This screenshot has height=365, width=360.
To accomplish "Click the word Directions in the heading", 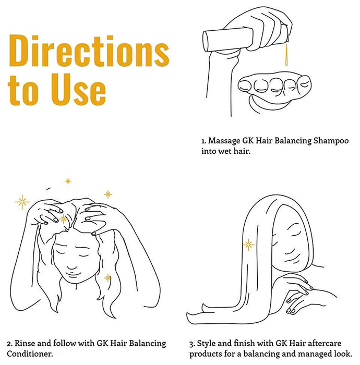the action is [x=89, y=51].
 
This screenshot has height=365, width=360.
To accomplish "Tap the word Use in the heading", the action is [x=79, y=89].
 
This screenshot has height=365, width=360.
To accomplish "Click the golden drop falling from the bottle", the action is [x=286, y=54].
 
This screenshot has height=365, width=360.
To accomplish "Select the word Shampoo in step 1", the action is [x=331, y=141].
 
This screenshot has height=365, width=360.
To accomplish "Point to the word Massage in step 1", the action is [x=224, y=141].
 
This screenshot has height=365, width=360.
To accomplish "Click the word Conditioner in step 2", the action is [x=30, y=354].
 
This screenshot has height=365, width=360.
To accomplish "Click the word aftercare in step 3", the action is [x=325, y=343].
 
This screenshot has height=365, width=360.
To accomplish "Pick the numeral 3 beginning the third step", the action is [x=191, y=344].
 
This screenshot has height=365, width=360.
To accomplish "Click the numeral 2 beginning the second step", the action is [x=9, y=344].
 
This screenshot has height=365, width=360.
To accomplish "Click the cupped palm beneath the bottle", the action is [x=274, y=91].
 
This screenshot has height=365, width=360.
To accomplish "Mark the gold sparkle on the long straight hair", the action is [x=248, y=245].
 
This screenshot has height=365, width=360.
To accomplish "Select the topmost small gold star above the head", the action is [x=68, y=181].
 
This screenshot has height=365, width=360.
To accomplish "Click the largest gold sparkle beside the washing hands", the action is [x=22, y=202].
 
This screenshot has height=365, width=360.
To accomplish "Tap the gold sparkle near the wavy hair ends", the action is [x=108, y=278].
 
